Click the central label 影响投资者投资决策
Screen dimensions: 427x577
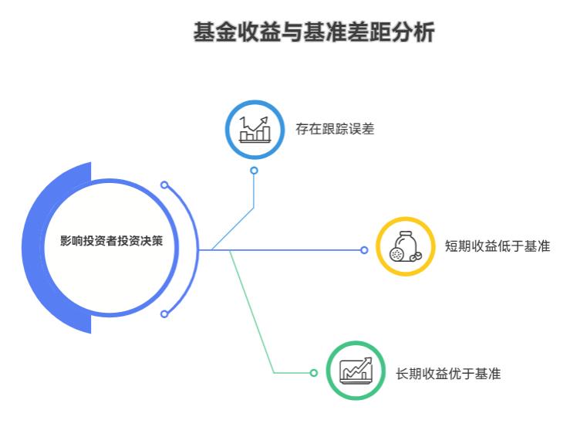click(112, 240)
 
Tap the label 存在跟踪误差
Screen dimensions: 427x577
click(334, 129)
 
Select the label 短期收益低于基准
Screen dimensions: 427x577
click(497, 247)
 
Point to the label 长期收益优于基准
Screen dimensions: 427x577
click(448, 373)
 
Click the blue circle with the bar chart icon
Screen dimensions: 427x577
click(255, 128)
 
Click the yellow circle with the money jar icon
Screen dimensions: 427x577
click(405, 247)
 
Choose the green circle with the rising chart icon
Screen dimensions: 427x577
click(356, 371)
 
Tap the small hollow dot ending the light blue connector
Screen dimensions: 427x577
click(254, 171)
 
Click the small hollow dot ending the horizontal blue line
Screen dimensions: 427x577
click(365, 249)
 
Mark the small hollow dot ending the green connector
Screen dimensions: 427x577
click(313, 373)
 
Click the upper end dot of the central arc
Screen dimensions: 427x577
click(164, 185)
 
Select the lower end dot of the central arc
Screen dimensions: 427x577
click(164, 313)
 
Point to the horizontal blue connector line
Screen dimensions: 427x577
click(293, 249)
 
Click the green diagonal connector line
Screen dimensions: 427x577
click(251, 309)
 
